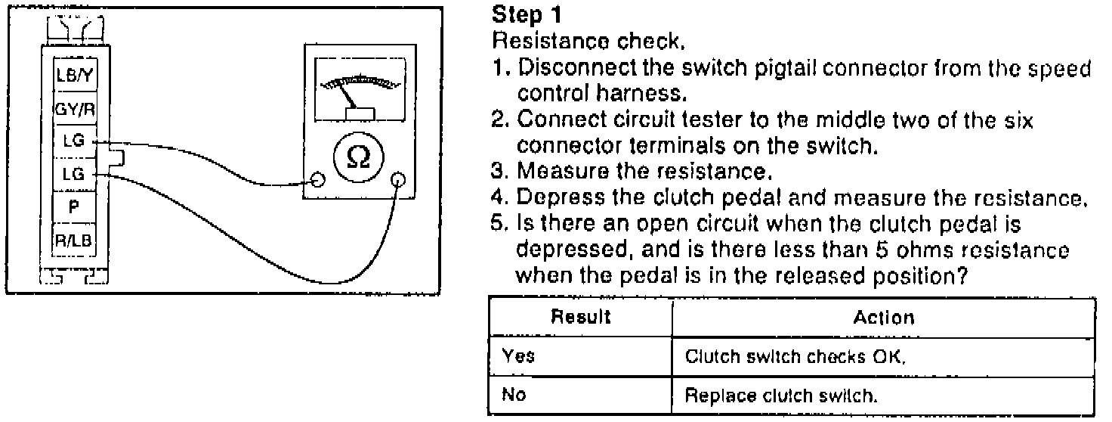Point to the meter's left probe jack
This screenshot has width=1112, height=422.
pyautogui.click(x=318, y=180)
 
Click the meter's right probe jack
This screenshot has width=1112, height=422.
pyautogui.click(x=399, y=180)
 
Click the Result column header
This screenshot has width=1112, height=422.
pyautogui.click(x=579, y=318)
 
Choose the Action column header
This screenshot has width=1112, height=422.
pyautogui.click(x=883, y=318)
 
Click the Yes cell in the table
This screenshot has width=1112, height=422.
pyautogui.click(x=519, y=356)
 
